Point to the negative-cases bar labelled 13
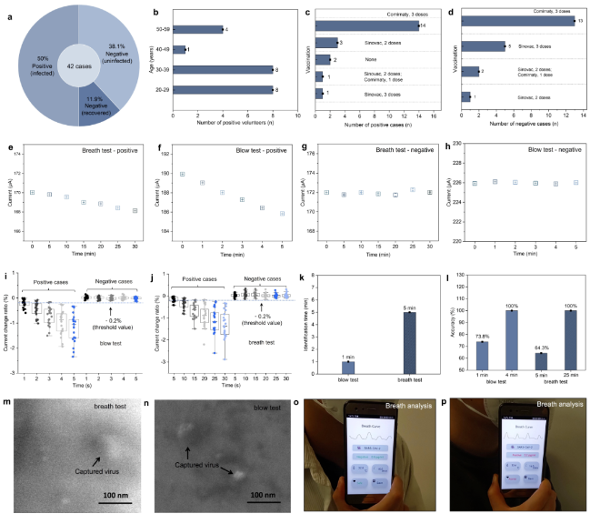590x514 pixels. (x=518, y=22)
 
